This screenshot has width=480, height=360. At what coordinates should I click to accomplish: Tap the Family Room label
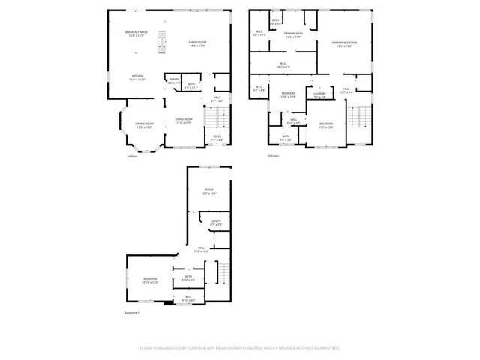pyautogui.click(x=198, y=43)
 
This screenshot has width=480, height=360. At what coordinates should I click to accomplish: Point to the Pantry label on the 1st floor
pyautogui.click(x=173, y=80)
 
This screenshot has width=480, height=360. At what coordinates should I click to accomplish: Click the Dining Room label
pyautogui.click(x=144, y=125)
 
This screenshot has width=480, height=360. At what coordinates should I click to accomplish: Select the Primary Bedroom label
pyautogui.click(x=345, y=44)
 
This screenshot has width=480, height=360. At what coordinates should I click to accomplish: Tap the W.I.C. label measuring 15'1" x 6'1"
pyautogui.click(x=283, y=64)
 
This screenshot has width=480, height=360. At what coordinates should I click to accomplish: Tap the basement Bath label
pyautogui.click(x=188, y=278)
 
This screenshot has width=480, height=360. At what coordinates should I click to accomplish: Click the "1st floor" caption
pyautogui.click(x=131, y=156)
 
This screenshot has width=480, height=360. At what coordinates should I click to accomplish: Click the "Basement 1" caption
pyautogui.click(x=132, y=312)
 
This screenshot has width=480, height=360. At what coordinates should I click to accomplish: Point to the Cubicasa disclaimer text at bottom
pyautogui.click(x=239, y=348)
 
